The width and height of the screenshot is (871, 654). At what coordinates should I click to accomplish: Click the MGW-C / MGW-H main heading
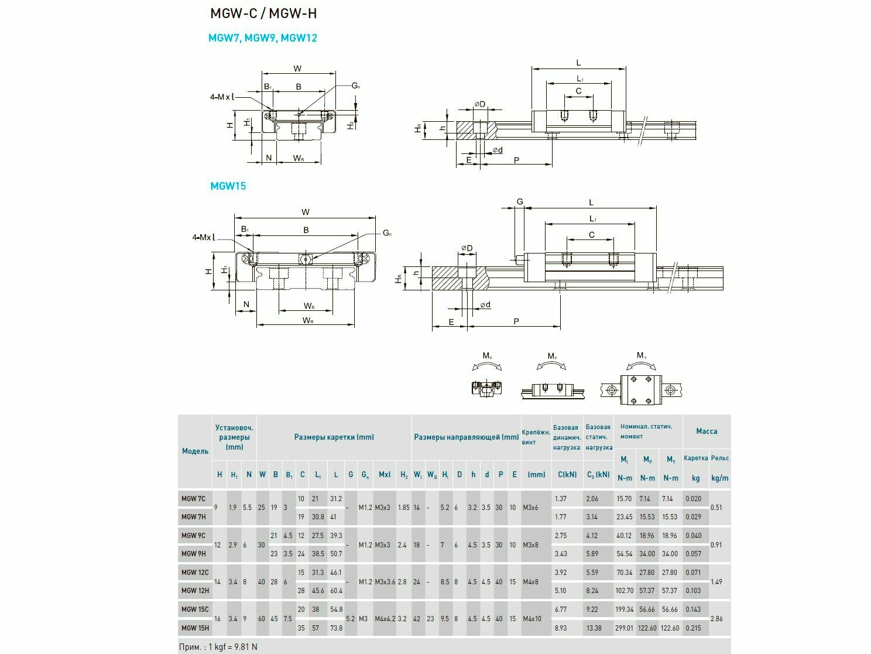[263, 13]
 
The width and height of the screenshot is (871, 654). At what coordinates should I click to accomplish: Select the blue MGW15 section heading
[228, 186]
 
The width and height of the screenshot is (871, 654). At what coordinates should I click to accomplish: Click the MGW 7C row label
[193, 499]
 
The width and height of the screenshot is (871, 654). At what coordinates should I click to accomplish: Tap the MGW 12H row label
[194, 591]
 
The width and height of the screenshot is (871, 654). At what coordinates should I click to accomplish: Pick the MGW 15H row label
[194, 628]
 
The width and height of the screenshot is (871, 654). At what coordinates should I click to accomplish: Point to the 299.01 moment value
[625, 628]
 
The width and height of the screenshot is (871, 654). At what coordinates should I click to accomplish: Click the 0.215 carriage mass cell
[693, 628]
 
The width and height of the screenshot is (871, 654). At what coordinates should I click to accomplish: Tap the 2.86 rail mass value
[716, 619]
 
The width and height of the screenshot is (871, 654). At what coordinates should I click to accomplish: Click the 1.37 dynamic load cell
[560, 499]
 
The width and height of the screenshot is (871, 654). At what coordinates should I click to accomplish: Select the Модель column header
[195, 451]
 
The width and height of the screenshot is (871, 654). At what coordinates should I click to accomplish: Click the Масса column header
[707, 431]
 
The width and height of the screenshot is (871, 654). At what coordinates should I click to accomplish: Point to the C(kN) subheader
[567, 475]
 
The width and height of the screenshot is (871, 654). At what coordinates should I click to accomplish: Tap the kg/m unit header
[719, 478]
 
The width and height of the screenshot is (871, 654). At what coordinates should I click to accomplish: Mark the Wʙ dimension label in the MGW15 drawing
[309, 306]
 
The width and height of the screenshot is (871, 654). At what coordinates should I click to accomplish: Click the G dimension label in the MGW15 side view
[519, 202]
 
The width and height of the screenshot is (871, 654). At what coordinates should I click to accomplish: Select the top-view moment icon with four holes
[642, 389]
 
